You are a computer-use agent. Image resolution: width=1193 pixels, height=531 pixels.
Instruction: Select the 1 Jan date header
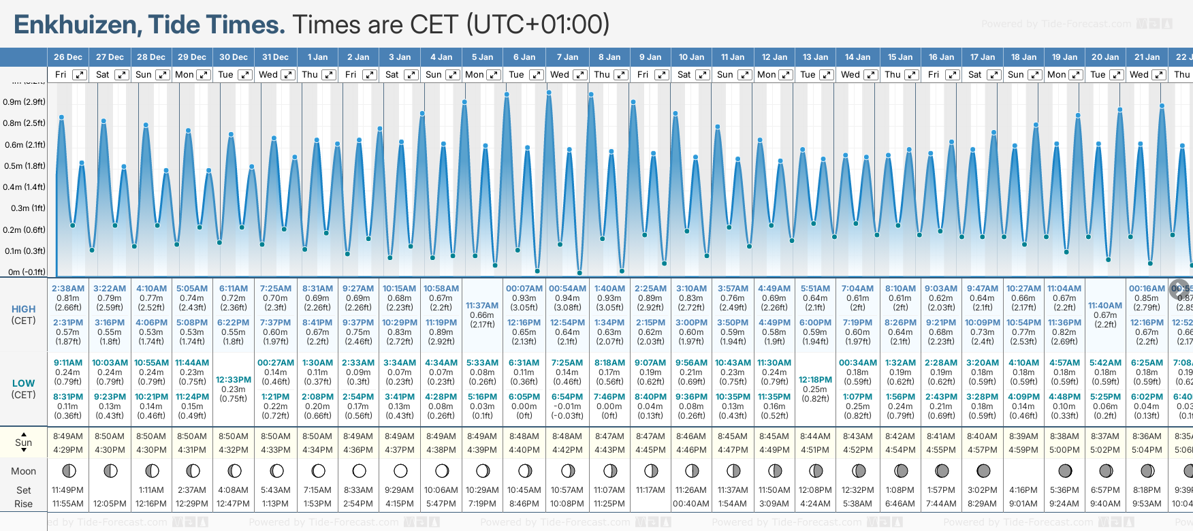(317, 57)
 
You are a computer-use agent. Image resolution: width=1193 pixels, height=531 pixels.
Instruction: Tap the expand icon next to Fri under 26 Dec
(80, 75)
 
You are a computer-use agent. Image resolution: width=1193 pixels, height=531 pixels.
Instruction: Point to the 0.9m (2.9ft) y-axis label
(24, 102)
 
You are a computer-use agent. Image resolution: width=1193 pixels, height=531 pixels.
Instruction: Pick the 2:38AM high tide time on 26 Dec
(68, 289)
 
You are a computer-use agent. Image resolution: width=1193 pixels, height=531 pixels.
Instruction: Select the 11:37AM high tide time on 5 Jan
(482, 306)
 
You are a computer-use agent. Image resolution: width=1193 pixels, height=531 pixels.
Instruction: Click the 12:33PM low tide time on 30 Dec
(234, 380)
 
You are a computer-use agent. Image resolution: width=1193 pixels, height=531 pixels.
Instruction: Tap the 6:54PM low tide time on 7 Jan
(567, 397)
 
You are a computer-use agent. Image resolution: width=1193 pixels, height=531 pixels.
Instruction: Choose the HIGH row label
(23, 309)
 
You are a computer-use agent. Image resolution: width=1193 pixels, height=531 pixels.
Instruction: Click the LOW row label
(23, 383)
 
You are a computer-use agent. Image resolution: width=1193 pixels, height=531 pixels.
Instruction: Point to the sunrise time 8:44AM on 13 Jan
(815, 436)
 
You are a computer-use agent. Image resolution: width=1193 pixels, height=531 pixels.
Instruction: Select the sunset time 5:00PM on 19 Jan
(1064, 450)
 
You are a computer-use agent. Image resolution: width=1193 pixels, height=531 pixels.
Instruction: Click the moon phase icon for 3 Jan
(400, 471)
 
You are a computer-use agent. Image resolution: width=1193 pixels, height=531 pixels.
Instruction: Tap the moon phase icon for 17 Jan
(983, 471)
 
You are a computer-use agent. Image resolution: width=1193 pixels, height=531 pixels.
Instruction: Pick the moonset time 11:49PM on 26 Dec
(68, 490)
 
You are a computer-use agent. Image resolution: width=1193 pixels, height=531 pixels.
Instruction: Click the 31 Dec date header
(275, 57)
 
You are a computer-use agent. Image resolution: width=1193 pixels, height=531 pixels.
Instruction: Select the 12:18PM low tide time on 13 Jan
(815, 380)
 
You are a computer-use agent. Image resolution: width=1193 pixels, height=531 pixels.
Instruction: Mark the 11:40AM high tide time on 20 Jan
(1105, 306)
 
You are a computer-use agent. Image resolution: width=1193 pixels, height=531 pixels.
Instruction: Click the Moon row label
(23, 471)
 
